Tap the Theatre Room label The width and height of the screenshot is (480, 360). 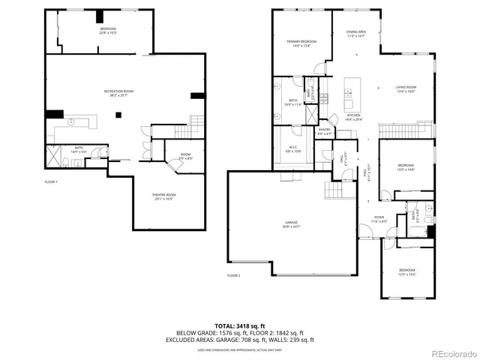[165, 196]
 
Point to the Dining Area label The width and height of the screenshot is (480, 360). [356, 34]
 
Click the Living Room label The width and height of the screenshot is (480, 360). [406, 90]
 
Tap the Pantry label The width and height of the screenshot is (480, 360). [324, 132]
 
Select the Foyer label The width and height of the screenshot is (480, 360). [380, 219]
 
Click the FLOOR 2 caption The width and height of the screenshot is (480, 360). [234, 275]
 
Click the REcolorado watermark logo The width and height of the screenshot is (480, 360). [452, 352]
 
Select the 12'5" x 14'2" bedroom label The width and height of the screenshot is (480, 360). [406, 271]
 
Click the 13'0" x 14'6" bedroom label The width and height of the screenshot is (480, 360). [406, 166]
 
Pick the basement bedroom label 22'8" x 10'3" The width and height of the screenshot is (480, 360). [108, 30]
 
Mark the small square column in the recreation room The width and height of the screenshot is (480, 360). [117, 115]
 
